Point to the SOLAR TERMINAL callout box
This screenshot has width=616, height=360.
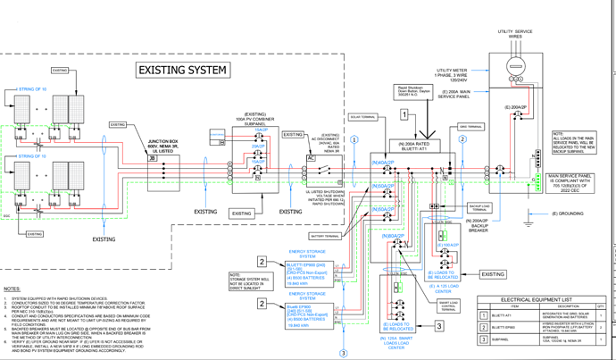click(x=361, y=117)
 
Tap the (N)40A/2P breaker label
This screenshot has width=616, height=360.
click(x=383, y=163)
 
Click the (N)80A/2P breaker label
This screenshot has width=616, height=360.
click(x=395, y=235)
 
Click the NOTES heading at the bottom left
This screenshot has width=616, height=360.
click(x=12, y=289)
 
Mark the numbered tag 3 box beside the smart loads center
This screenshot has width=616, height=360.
click(x=439, y=327)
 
